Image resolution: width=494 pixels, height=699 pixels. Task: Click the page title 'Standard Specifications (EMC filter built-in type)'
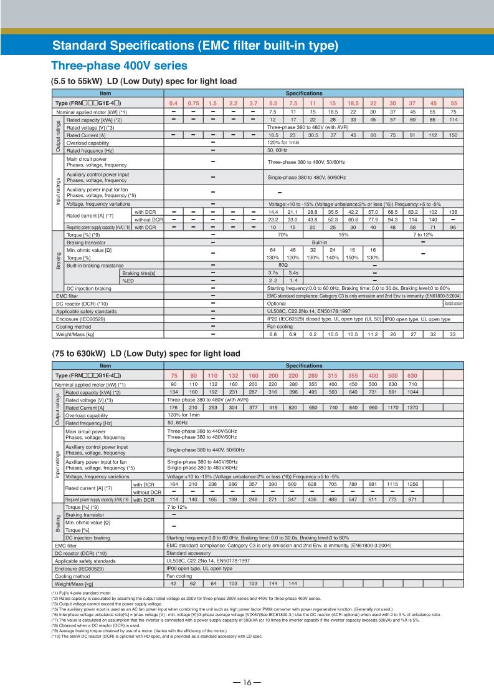pyautogui.click(x=195, y=46)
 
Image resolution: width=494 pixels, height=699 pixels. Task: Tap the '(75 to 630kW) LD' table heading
pyautogui.click(x=145, y=354)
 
